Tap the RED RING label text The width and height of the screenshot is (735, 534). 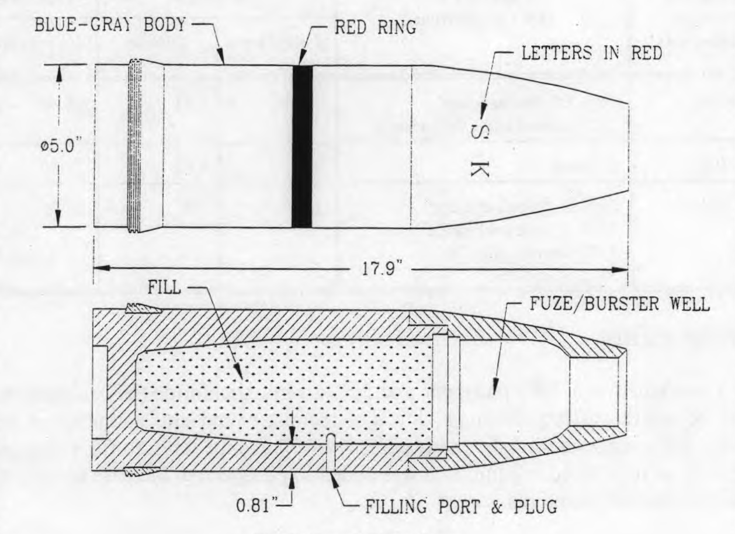[375, 26]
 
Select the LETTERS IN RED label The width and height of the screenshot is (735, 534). [591, 53]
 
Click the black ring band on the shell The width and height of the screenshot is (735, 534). [302, 147]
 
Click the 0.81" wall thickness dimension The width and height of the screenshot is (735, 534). [258, 506]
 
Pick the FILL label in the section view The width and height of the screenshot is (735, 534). [164, 287]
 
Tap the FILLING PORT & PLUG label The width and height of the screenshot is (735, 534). [462, 506]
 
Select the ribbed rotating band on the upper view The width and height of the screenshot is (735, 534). [135, 147]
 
